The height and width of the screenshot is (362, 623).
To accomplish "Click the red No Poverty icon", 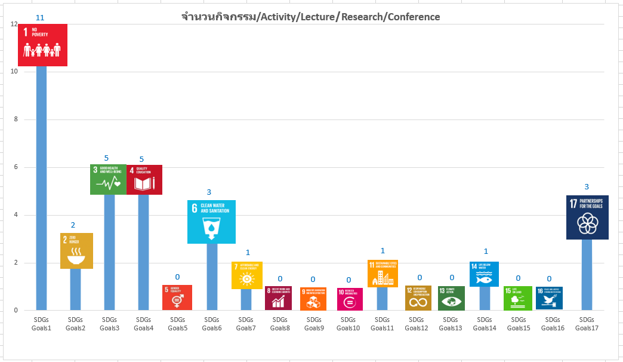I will pos(42,45).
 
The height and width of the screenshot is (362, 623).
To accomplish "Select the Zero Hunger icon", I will pos(77,250).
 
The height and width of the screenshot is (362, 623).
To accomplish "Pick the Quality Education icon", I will pos(144,179).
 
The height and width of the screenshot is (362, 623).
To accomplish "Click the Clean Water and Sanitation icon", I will pos(212,222).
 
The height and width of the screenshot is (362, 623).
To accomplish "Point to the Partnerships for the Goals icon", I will pos(587,217).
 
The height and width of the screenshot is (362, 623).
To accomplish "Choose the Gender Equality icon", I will pos(177,297).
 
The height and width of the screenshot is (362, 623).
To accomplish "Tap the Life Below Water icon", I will pos(484,274).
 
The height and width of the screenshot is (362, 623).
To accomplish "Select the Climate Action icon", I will pos(451,298).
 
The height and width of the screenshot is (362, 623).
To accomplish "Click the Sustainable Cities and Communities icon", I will pos(383,274).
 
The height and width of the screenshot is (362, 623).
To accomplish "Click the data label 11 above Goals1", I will pos(41,17).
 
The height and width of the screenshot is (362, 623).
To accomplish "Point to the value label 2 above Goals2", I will pos(73,225).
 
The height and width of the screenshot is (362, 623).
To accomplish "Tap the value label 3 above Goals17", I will pos(587,187).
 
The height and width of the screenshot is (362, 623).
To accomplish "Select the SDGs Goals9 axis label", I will pos(314,323).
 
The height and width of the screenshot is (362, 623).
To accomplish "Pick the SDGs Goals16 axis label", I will pos(553,323).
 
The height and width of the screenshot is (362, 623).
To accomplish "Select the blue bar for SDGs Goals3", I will pos(110,251).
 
